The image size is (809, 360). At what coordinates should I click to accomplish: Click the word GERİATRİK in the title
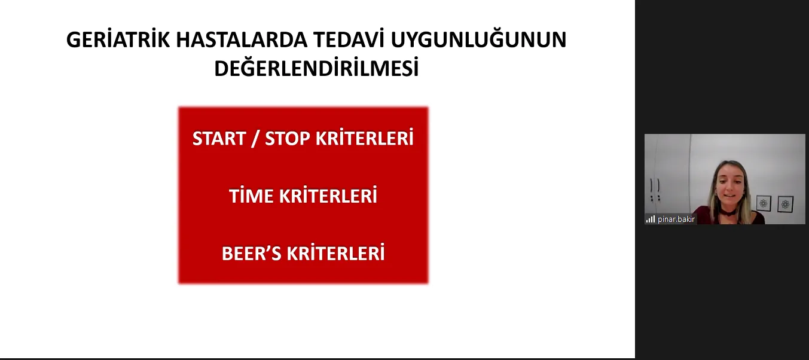pos(118,39)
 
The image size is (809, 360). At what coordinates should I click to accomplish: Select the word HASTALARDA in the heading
pos(242,39)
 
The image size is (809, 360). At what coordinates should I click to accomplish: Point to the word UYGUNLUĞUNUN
pos(478,39)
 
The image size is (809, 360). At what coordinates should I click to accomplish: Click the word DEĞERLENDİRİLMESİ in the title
pos(316,68)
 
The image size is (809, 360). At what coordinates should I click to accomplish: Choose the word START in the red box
pos(219,138)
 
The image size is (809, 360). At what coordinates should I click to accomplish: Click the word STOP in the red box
pos(287,138)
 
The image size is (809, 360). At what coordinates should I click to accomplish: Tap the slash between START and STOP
pos(255,139)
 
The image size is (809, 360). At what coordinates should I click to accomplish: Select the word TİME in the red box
pos(251,196)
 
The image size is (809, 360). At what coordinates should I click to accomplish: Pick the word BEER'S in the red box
pos(251,254)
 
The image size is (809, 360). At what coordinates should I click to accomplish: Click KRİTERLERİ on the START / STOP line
pos(364,138)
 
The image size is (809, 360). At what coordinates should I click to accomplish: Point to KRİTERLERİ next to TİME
pos(328,196)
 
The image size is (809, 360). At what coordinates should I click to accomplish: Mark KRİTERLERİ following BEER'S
pos(335,253)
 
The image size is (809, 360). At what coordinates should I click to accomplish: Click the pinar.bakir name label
pos(676,219)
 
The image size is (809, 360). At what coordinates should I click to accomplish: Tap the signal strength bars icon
pos(651,219)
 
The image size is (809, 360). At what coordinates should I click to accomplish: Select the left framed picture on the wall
pos(764,204)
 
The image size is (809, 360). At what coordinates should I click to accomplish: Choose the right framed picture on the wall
pos(785,205)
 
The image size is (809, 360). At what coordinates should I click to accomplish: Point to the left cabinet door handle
pos(652,185)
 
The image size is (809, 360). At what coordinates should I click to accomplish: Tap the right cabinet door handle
pos(659,185)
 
